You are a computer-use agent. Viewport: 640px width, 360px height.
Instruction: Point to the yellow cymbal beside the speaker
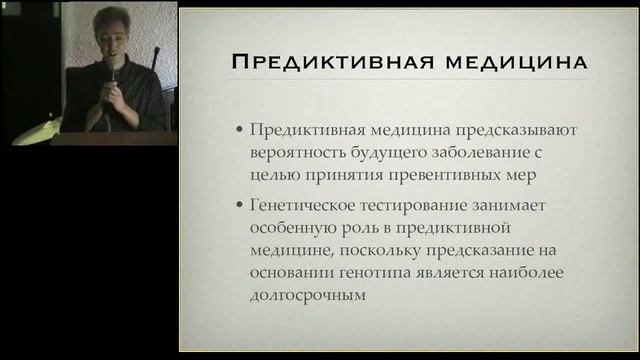(34, 130)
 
